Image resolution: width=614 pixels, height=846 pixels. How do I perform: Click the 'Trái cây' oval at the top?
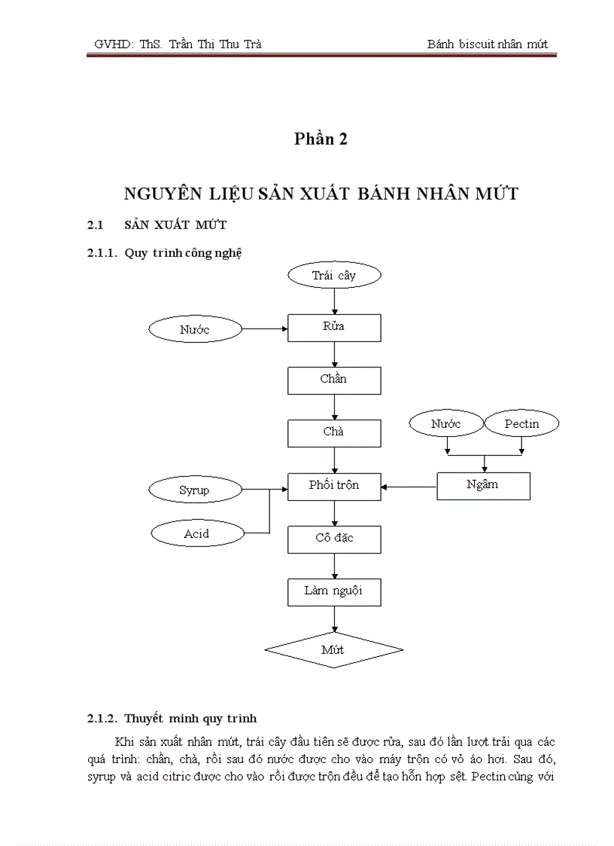point(334,276)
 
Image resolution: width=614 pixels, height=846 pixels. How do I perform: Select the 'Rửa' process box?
point(334,328)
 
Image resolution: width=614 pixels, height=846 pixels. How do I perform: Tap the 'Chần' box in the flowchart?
point(334,380)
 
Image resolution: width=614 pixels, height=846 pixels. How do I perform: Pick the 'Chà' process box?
point(334,433)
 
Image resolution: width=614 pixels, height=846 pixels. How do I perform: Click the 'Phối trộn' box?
point(334,486)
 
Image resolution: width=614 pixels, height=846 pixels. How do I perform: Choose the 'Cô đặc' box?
point(334,539)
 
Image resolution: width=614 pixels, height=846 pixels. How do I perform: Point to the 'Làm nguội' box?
point(334,591)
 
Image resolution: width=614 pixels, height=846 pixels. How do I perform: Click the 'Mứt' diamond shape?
point(334,650)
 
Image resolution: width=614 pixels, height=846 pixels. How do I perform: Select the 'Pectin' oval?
point(521,424)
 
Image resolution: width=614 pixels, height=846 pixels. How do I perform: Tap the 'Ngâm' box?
point(483,485)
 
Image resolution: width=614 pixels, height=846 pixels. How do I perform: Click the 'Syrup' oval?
point(195,490)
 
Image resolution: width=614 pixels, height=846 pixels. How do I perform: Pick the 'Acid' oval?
point(196,534)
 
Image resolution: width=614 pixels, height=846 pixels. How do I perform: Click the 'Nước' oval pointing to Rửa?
point(195,329)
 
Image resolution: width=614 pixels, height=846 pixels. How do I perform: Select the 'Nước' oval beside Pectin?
point(445,424)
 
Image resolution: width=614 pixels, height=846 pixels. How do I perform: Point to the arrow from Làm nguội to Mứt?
point(334,618)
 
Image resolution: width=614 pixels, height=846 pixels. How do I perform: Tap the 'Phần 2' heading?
point(321,139)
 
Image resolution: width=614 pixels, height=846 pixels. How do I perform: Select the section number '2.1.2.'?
point(102,718)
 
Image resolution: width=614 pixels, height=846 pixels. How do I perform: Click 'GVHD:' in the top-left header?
point(113,44)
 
